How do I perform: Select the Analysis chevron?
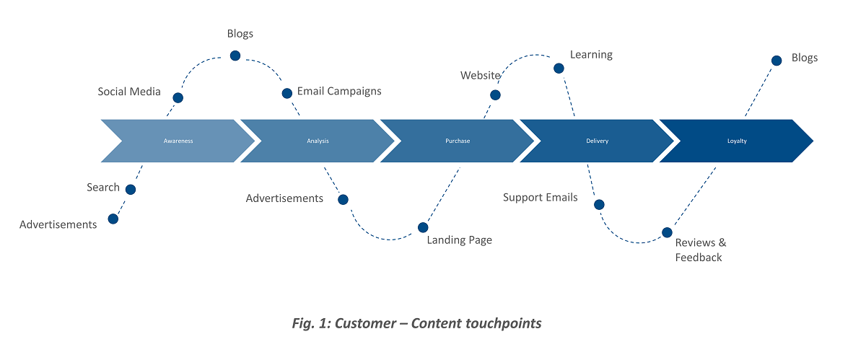(318, 141)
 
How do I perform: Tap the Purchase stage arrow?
(458, 141)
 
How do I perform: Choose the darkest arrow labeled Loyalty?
(737, 141)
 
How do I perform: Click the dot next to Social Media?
(178, 97)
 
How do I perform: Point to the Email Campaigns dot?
(287, 93)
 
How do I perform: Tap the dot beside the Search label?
(131, 190)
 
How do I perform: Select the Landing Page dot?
(423, 228)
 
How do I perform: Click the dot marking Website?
(496, 95)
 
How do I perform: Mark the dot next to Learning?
(559, 69)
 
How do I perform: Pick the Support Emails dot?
(599, 205)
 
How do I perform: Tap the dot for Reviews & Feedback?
(667, 233)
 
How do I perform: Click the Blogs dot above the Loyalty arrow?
(777, 61)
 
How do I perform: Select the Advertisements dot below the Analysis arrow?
(343, 200)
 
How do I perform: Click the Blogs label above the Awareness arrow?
(240, 34)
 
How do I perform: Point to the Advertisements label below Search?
(58, 224)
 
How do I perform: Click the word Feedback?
(699, 258)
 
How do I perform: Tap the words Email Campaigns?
(339, 92)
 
